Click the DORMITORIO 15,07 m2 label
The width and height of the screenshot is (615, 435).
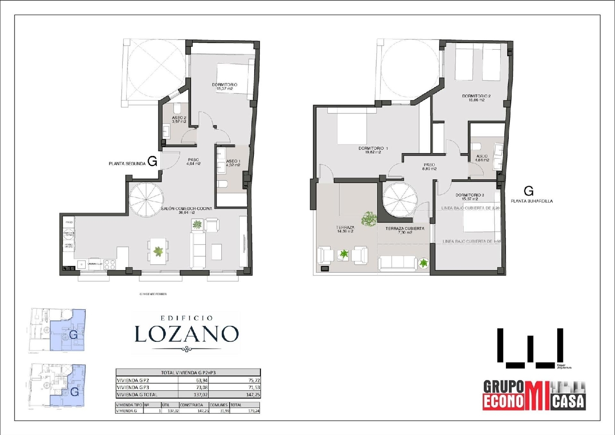(x=224, y=87)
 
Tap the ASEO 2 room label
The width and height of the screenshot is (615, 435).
(x=179, y=119)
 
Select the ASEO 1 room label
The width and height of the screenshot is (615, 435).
(x=233, y=163)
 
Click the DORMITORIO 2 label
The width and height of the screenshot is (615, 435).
(x=476, y=98)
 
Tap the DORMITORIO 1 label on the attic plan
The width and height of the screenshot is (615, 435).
(x=373, y=150)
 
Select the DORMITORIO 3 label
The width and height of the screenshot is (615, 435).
(x=470, y=197)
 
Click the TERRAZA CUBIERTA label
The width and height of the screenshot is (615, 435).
(x=405, y=230)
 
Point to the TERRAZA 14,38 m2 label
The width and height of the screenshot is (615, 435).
(x=345, y=229)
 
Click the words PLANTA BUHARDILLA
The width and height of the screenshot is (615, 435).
(x=531, y=201)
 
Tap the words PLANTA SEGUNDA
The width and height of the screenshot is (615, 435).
(x=127, y=163)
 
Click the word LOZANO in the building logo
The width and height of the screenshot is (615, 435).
(x=187, y=334)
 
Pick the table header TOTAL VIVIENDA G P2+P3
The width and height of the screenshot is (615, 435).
(x=188, y=373)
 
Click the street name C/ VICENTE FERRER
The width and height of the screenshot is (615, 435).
(x=153, y=294)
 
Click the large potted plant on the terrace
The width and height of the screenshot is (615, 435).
(x=369, y=218)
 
